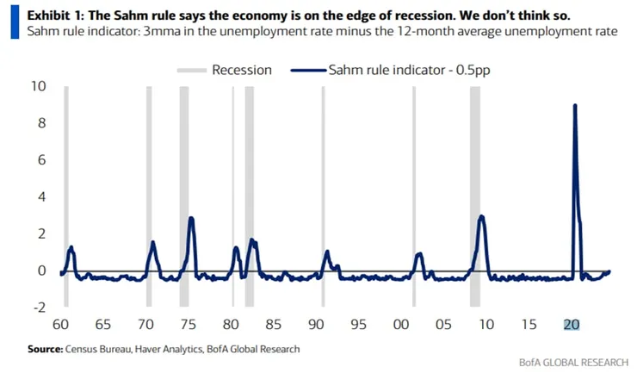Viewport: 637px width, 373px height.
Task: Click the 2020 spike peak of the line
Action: coord(575,105)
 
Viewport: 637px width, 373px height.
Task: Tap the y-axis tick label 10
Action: coord(37,86)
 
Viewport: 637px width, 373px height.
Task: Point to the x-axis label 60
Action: coord(60,325)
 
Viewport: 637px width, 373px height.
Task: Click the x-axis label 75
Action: coord(188,325)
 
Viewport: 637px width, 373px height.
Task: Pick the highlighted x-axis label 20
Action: coord(572,325)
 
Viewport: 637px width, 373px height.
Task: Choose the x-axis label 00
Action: coord(401,325)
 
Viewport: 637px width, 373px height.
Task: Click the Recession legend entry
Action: coord(242,70)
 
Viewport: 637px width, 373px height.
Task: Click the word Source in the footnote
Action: coord(45,349)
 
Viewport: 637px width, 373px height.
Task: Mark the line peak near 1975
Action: coord(191,218)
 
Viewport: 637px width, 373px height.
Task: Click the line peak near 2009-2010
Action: coord(482,216)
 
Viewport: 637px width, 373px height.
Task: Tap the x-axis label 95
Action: coord(358,325)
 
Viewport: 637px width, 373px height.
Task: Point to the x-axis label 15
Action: coord(529,325)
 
